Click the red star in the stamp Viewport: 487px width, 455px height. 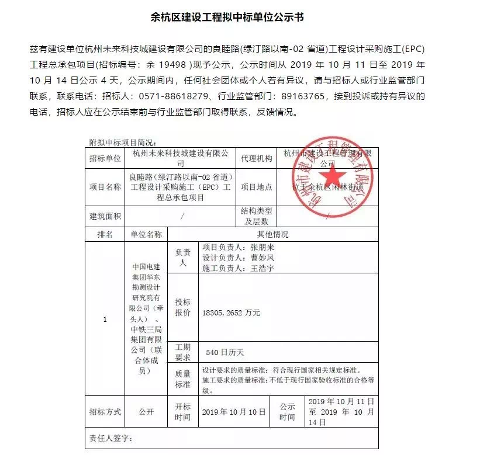click(332, 176)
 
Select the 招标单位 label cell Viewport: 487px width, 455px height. click(105, 158)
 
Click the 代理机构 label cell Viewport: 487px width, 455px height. click(256, 158)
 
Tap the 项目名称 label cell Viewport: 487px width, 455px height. click(105, 187)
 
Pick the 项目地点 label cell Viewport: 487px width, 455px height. click(256, 187)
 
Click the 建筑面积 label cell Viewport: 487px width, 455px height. click(105, 216)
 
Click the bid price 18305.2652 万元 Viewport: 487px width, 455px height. click(231, 313)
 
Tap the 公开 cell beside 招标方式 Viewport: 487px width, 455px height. click(146, 412)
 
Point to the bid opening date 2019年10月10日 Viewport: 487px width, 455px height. click(233, 412)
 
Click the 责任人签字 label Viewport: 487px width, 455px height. click(112, 437)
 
